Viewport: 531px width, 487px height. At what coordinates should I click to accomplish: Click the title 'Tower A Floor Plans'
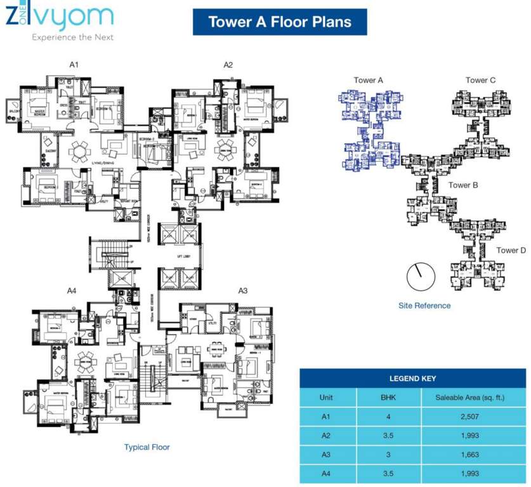click(x=280, y=22)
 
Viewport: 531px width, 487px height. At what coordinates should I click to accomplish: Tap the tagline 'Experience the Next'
click(x=73, y=37)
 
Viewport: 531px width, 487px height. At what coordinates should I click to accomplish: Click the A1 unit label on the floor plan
click(x=74, y=64)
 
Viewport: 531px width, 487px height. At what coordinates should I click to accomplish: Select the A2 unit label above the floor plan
click(x=228, y=64)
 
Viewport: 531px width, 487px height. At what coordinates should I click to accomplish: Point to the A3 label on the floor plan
click(x=242, y=290)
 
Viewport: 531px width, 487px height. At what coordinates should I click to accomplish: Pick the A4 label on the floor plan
click(x=72, y=290)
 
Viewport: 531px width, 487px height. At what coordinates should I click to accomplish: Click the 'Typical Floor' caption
click(x=147, y=447)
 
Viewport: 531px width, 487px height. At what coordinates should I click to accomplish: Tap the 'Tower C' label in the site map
click(x=480, y=80)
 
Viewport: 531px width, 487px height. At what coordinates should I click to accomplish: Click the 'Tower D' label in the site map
click(x=511, y=250)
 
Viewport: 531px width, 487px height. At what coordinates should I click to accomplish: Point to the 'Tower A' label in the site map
click(x=369, y=80)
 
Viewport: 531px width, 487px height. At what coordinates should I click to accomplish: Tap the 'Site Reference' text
click(x=424, y=306)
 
